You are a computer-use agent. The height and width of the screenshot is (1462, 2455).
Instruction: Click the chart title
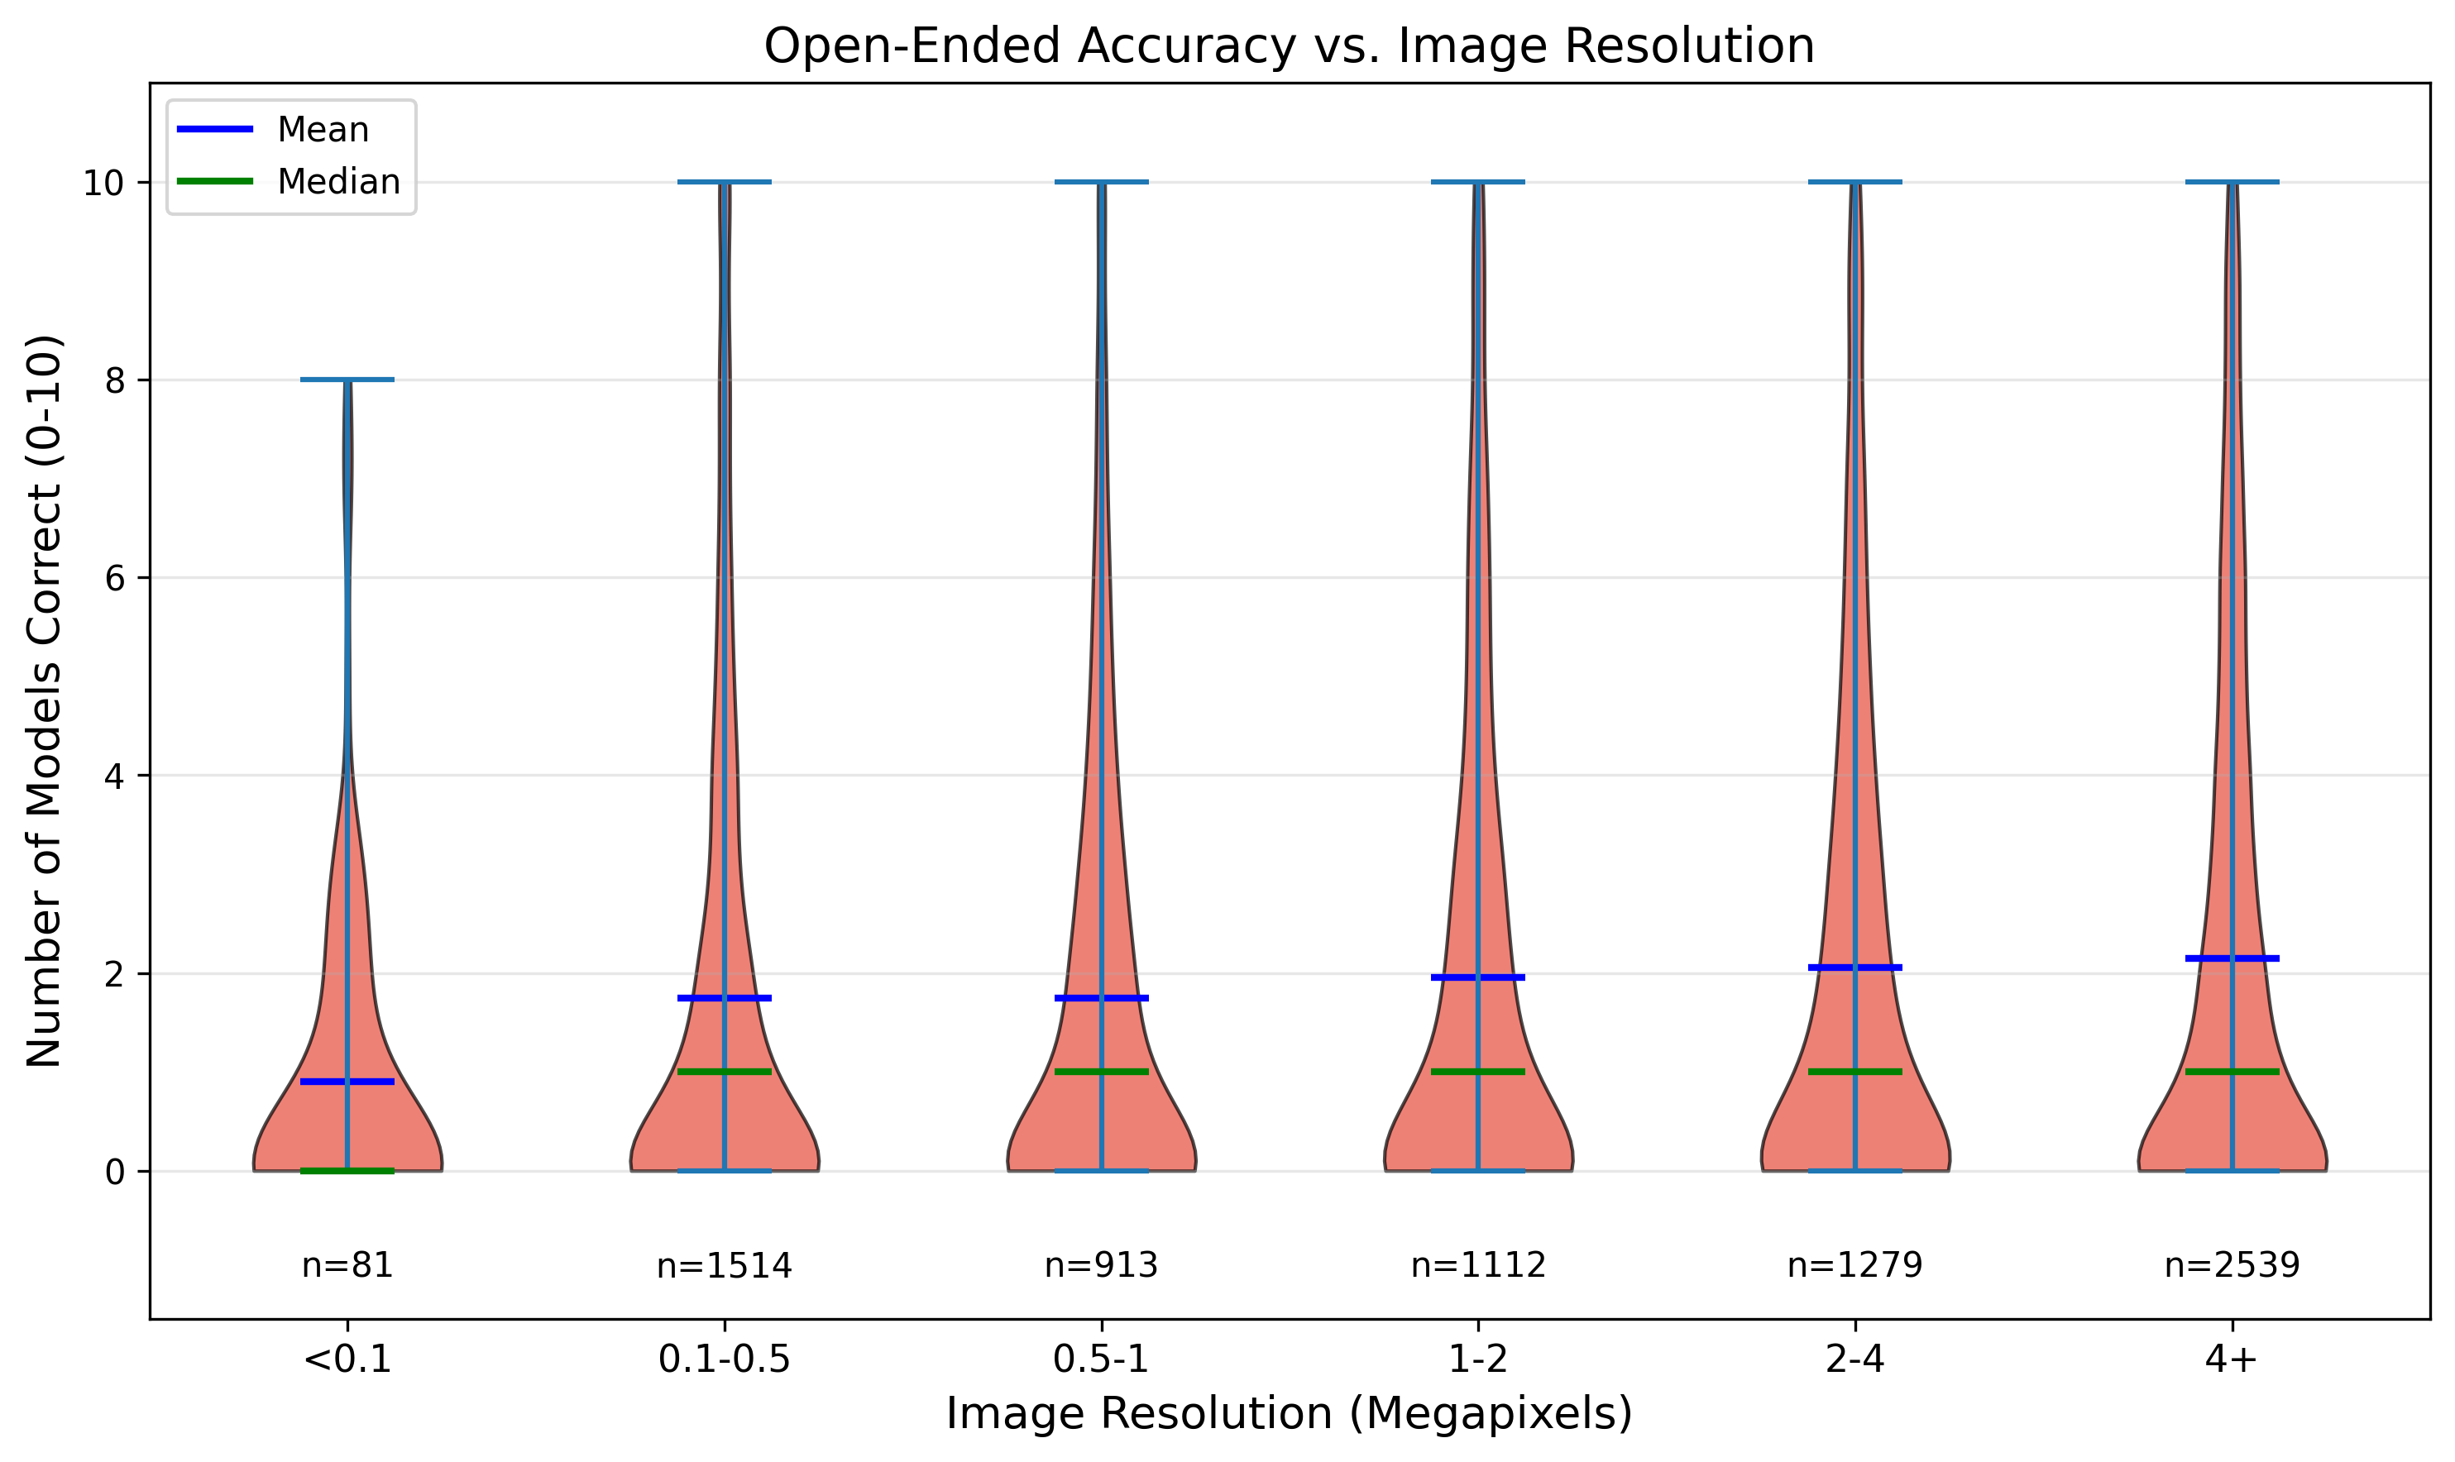pyautogui.click(x=1289, y=46)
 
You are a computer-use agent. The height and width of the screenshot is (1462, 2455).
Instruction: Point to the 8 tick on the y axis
pyautogui.click(x=115, y=380)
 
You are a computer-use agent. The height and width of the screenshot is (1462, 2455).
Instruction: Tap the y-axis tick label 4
pyautogui.click(x=115, y=776)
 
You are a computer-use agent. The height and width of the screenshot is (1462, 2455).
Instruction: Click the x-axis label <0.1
pyautogui.click(x=347, y=1359)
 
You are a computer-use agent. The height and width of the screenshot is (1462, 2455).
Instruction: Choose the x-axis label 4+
pyautogui.click(x=2232, y=1359)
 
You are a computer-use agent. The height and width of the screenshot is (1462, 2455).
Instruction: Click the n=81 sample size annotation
pyautogui.click(x=347, y=1265)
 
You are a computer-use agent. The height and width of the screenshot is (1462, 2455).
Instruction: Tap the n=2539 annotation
pyautogui.click(x=2232, y=1265)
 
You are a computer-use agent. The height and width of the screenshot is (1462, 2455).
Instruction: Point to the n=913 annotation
pyautogui.click(x=1102, y=1265)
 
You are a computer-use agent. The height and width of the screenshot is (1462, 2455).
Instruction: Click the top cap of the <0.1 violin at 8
pyautogui.click(x=347, y=380)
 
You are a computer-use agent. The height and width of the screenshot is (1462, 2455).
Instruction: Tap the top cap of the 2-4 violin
pyautogui.click(x=1855, y=182)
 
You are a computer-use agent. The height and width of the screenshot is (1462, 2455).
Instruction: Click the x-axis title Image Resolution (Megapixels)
pyautogui.click(x=1289, y=1415)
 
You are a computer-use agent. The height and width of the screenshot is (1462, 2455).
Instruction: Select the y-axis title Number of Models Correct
pyautogui.click(x=45, y=700)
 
